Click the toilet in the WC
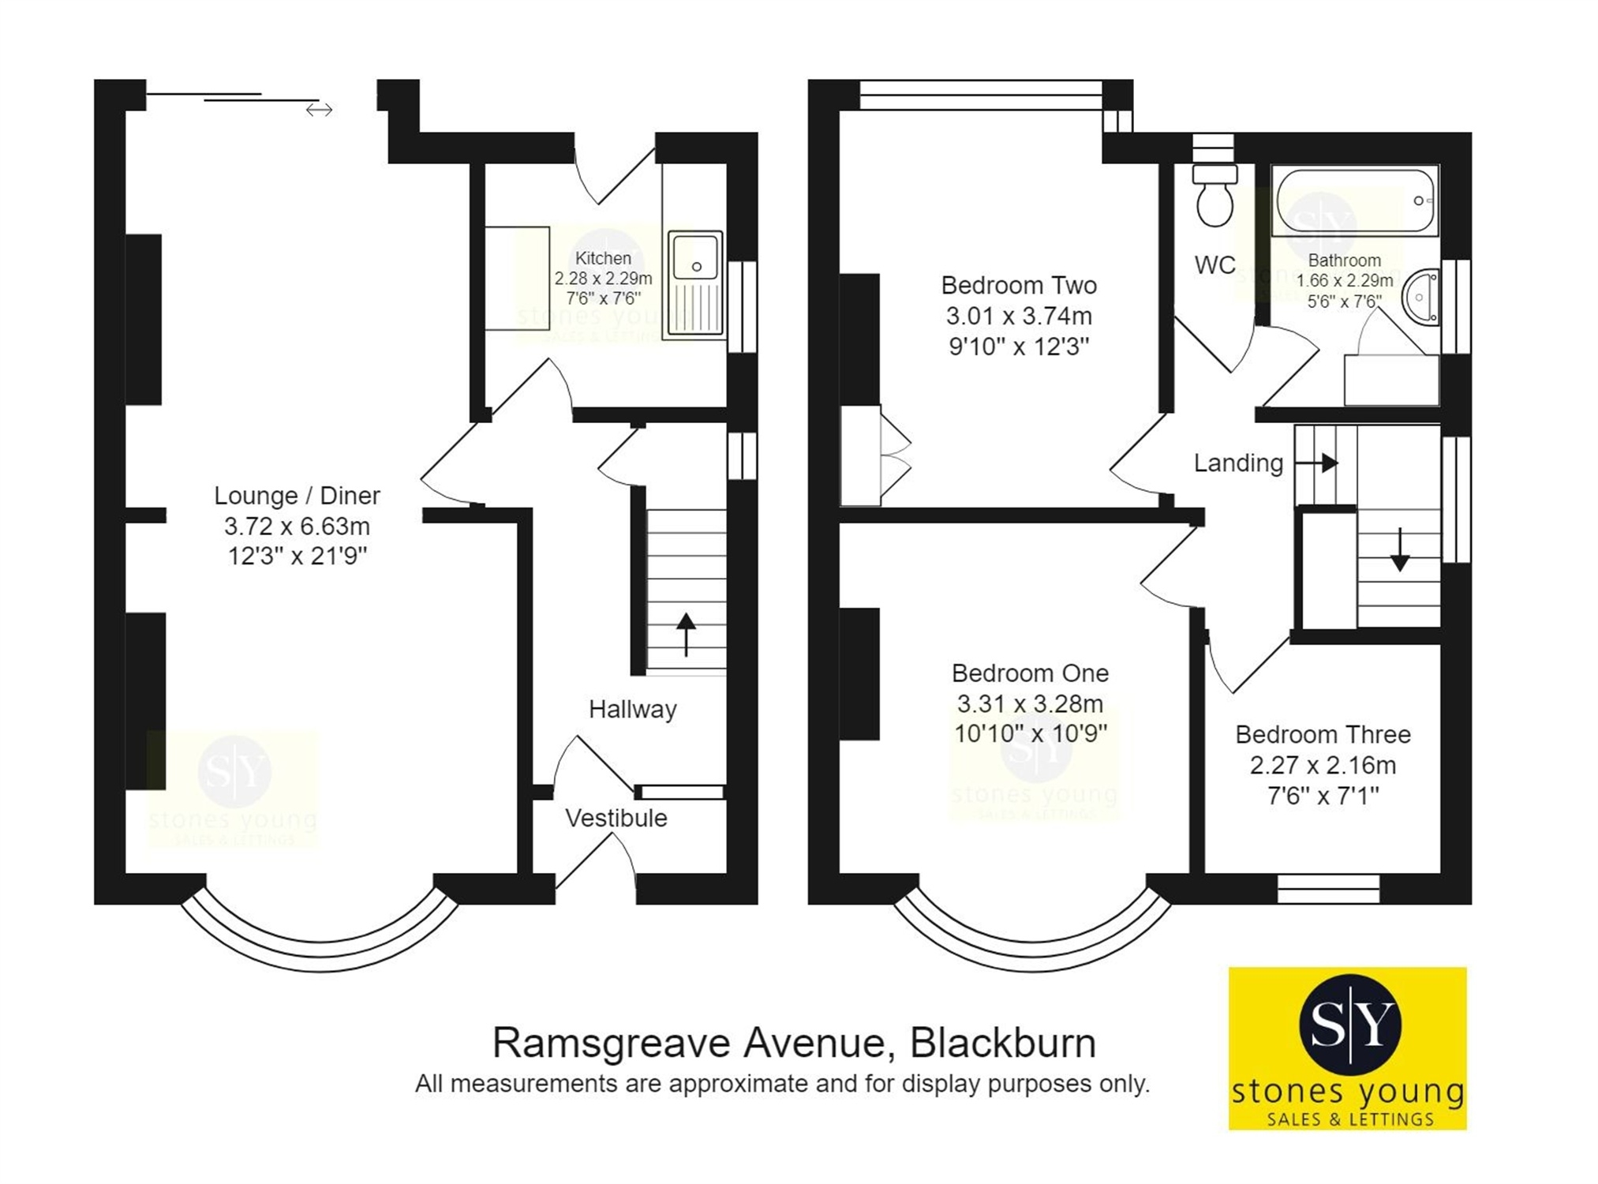1214,197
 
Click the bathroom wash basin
1421,297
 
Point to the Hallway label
632,709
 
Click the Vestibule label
616,818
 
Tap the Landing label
1237,463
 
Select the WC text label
1214,265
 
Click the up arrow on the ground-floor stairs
686,633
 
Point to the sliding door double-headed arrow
319,110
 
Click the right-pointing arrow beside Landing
1319,463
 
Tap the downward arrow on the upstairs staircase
1400,549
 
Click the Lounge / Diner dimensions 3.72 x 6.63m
297,526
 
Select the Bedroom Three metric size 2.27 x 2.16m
1323,765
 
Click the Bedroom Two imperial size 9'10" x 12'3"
1019,347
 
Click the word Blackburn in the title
1003,1043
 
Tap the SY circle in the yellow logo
1349,1025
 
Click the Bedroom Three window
1328,888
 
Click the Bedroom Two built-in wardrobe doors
895,455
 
